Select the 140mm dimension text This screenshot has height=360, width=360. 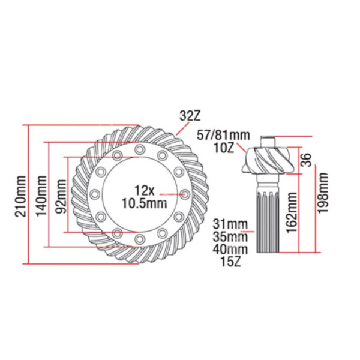pyautogui.click(x=40, y=194)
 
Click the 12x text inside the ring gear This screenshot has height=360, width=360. pyautogui.click(x=145, y=191)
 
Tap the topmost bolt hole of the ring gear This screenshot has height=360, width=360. pyautogui.click(x=139, y=149)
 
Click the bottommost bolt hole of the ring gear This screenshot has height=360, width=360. pyautogui.click(x=139, y=239)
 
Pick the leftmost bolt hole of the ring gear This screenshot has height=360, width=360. pyautogui.click(x=94, y=194)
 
